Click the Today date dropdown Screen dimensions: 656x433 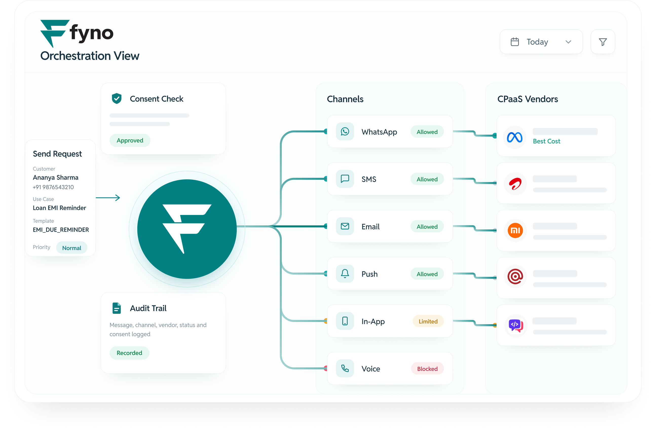pyautogui.click(x=541, y=42)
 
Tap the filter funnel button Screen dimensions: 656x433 pyautogui.click(x=603, y=42)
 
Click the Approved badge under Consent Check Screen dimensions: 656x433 pyautogui.click(x=130, y=140)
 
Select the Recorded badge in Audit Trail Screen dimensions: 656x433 pyautogui.click(x=129, y=353)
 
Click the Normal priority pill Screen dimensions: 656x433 pyautogui.click(x=72, y=248)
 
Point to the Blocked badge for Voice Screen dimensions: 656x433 pyautogui.click(x=427, y=369)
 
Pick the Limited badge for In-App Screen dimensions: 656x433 pyautogui.click(x=428, y=321)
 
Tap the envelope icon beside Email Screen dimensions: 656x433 pyautogui.click(x=345, y=226)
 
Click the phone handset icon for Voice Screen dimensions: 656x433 pyautogui.click(x=345, y=369)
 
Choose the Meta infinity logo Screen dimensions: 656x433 pyautogui.click(x=515, y=137)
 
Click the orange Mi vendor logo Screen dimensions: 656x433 pyautogui.click(x=515, y=230)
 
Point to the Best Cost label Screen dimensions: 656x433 pyautogui.click(x=547, y=141)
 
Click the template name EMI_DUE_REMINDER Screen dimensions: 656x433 pyautogui.click(x=61, y=230)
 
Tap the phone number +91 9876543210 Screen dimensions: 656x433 pyautogui.click(x=53, y=187)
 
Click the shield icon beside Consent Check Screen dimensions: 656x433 pyautogui.click(x=117, y=98)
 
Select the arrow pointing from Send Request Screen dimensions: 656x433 pyautogui.click(x=108, y=198)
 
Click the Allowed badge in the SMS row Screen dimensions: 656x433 pyautogui.click(x=427, y=179)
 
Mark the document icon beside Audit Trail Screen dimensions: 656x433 pyautogui.click(x=117, y=308)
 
